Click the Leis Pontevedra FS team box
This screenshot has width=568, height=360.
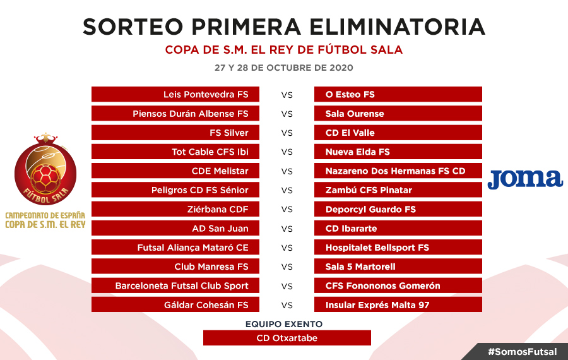[x=175, y=94]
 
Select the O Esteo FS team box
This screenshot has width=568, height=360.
[x=398, y=94]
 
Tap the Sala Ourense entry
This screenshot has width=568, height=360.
[x=398, y=114]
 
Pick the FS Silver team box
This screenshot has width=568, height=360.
[x=175, y=133]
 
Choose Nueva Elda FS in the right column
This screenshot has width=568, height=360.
[x=398, y=152]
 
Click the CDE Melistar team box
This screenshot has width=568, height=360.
[x=175, y=171]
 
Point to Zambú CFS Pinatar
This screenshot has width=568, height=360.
[x=398, y=190]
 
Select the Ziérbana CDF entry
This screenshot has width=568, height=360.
[x=175, y=209]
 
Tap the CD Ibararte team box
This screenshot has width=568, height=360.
[x=398, y=229]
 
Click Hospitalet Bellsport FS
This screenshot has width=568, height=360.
[x=398, y=248]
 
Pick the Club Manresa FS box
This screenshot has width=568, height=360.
[x=175, y=267]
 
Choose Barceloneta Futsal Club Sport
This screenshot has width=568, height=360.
[x=175, y=285]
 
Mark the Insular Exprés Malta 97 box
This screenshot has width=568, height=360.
[x=398, y=305]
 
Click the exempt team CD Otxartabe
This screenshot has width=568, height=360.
[x=287, y=338]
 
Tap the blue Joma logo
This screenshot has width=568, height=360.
[x=525, y=179]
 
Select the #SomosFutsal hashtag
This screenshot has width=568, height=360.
[x=523, y=352]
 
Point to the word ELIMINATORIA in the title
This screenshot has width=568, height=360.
[x=397, y=27]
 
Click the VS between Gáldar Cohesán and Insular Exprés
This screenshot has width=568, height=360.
[x=287, y=305]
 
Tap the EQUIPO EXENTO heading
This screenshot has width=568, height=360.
[x=284, y=324]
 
